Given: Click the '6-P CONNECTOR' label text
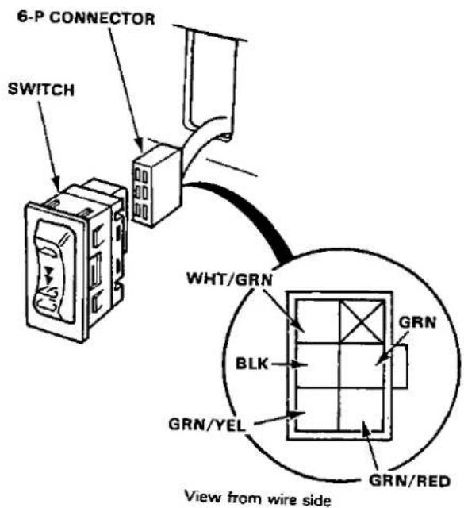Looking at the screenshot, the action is tap(86, 17).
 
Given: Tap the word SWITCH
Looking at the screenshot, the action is tap(41, 90).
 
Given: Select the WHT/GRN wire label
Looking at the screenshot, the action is tap(229, 279).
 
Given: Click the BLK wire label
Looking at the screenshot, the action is tap(252, 364).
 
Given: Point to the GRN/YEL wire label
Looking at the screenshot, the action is tap(207, 425).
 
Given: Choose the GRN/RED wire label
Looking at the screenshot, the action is tap(409, 481).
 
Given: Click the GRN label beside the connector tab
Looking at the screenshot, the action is tap(417, 322).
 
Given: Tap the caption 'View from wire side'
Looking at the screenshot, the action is tap(258, 498).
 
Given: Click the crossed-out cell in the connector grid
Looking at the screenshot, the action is tap(361, 321).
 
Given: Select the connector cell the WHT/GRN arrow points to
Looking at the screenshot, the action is tap(318, 321).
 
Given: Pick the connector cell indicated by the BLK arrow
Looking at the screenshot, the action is tap(318, 365).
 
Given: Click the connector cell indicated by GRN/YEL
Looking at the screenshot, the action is tap(318, 409).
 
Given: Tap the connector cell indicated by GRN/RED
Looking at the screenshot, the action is tap(361, 409).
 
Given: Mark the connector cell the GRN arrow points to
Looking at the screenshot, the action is tap(361, 365).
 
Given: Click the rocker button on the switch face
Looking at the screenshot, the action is tap(53, 271).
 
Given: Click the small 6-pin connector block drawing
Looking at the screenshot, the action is tap(156, 186).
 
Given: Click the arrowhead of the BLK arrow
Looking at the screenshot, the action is tap(300, 364).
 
